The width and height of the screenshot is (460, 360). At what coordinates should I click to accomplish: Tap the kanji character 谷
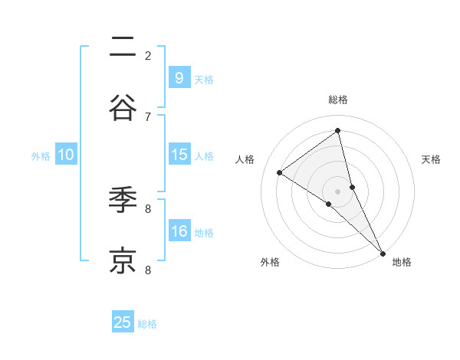point(123,107)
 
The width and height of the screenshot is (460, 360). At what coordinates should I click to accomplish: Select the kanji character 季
point(123,201)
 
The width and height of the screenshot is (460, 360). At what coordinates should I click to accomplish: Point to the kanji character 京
point(123,260)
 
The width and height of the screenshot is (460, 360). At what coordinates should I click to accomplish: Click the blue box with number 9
point(179,77)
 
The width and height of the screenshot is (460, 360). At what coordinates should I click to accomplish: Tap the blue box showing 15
point(179,155)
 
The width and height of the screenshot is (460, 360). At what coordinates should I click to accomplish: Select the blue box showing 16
point(179,231)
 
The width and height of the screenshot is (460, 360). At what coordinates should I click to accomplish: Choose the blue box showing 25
point(123,322)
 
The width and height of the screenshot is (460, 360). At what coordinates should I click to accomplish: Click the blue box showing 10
point(66,155)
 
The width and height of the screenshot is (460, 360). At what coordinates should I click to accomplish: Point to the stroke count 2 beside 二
point(148,55)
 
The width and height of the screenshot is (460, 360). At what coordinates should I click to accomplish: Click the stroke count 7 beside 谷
point(148,116)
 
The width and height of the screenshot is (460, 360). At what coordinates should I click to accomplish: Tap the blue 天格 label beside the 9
point(204,79)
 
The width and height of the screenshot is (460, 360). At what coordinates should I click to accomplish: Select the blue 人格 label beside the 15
point(204,156)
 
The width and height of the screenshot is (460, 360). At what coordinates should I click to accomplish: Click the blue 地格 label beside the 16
point(204,233)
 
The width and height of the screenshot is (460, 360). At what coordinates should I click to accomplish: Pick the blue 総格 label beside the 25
point(147,324)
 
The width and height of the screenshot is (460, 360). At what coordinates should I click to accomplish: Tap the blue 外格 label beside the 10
point(41,156)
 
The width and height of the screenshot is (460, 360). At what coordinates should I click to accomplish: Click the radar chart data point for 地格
point(382,253)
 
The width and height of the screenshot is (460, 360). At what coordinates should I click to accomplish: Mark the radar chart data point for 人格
point(280,172)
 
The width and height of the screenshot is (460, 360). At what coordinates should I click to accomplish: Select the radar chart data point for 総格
point(337,131)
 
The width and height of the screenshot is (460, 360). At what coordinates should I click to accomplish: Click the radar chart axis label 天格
point(432,159)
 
